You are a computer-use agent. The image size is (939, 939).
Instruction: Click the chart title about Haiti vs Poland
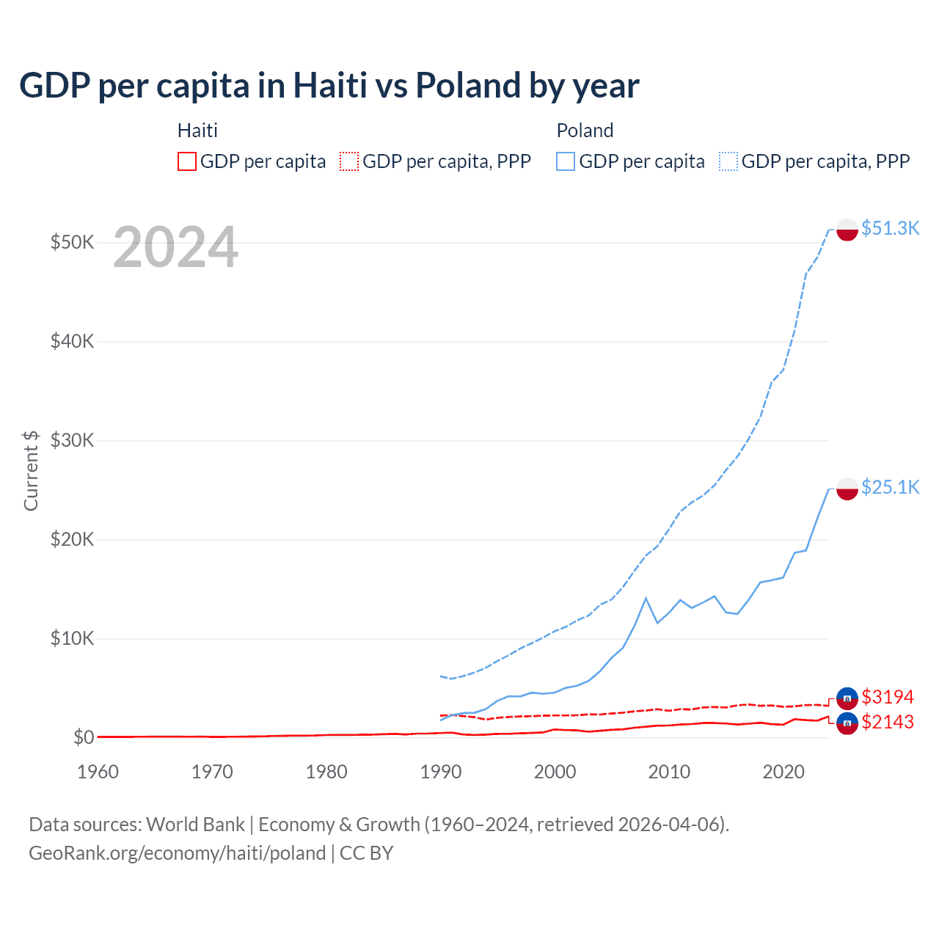pos(329,86)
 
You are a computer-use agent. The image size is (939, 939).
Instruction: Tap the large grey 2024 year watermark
pos(175,248)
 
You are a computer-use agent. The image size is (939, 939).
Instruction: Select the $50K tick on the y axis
pos(72,242)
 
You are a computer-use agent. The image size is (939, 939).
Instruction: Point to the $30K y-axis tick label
pos(72,440)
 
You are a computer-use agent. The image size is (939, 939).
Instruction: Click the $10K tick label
pos(72,638)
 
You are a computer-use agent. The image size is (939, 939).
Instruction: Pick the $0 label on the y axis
pos(84,737)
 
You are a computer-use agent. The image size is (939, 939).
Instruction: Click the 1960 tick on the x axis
pos(98,772)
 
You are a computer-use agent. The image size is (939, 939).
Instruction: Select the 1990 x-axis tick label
pos(441,772)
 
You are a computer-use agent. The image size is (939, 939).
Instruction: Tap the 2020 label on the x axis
pos(783,772)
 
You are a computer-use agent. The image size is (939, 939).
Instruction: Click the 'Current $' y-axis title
pos(31,470)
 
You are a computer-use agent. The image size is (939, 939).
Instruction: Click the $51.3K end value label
pos(890,228)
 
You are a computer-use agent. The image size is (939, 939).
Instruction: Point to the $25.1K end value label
pos(890,487)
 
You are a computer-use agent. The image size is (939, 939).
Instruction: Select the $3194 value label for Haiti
pos(888,696)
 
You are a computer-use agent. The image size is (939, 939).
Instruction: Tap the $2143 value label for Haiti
pos(888,722)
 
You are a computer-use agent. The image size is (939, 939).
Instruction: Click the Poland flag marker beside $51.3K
pos(847,230)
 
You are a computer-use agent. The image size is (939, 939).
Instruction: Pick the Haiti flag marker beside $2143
pos(847,723)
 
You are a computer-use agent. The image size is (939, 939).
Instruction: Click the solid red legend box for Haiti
pos(187,161)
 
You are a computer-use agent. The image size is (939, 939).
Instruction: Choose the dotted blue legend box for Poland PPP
pos(728,161)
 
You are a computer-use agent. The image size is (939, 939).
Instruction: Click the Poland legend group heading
pos(585,131)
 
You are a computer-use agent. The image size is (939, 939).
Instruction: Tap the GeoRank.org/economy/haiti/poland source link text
pos(177,853)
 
